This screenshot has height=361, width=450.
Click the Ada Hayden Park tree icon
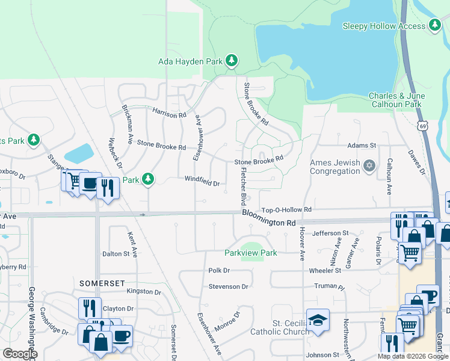[x=231, y=61]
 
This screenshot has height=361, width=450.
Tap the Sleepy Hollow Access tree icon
[x=435, y=25]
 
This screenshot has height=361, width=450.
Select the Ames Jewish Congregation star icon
[x=369, y=166]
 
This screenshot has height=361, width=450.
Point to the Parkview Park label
[x=251, y=253]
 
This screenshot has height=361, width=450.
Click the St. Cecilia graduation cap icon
[x=318, y=320]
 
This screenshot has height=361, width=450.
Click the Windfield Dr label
[x=202, y=180]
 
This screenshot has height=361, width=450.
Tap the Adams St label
[x=361, y=146]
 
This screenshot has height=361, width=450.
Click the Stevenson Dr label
[x=228, y=286]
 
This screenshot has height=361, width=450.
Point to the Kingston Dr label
[x=144, y=292]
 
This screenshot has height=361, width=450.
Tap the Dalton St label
[x=116, y=254]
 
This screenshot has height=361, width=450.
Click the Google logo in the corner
[x=20, y=354]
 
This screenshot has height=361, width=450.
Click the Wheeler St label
[x=325, y=271]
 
